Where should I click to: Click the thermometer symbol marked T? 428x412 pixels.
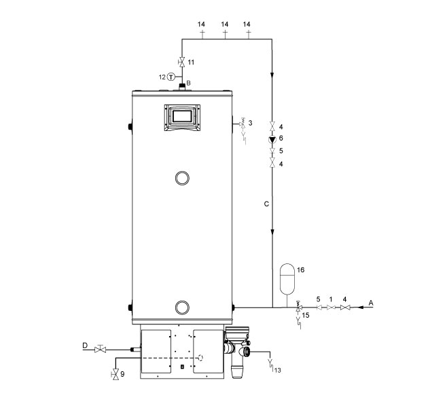(x=171, y=77)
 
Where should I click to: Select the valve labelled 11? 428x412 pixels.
(x=181, y=62)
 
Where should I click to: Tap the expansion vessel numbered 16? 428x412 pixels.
(x=287, y=279)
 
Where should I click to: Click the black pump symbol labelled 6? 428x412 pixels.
(x=272, y=140)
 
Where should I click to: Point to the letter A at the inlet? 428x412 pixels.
(x=371, y=303)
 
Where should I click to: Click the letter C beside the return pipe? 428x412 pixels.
(x=267, y=204)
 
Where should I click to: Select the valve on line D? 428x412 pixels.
(x=100, y=349)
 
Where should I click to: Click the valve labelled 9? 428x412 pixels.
(x=115, y=375)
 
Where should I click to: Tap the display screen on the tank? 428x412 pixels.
(x=182, y=116)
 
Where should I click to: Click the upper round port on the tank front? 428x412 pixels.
(x=182, y=178)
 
